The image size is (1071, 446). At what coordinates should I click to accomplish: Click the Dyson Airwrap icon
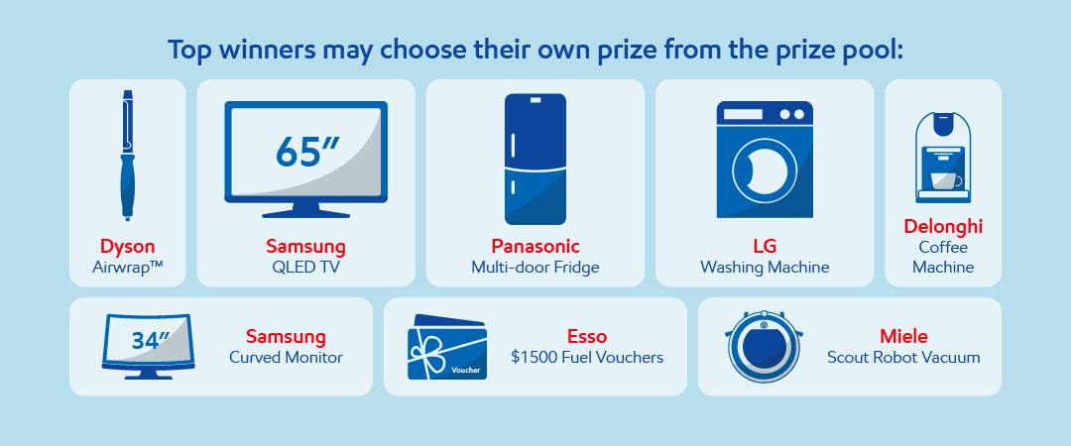click(127, 155)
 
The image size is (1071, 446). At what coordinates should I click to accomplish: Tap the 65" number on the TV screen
click(306, 152)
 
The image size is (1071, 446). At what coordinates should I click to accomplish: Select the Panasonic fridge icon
click(535, 160)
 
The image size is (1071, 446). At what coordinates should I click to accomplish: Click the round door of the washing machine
click(765, 170)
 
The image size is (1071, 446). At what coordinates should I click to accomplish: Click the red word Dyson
click(128, 247)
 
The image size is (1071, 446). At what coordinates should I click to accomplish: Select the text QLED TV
click(305, 267)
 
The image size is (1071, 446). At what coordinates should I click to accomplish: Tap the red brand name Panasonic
click(535, 246)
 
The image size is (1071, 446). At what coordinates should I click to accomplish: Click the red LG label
click(765, 246)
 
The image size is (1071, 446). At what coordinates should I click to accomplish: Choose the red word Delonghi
click(943, 226)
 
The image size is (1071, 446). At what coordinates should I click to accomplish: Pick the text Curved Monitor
click(286, 357)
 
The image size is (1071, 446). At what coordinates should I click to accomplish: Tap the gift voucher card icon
click(446, 348)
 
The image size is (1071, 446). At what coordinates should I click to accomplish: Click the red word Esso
click(587, 337)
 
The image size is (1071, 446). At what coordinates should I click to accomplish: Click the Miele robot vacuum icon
click(763, 346)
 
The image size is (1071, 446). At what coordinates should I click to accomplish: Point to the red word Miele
click(903, 337)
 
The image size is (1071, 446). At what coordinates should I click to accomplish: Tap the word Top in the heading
click(190, 52)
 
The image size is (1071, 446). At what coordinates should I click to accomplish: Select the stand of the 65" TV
click(306, 210)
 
